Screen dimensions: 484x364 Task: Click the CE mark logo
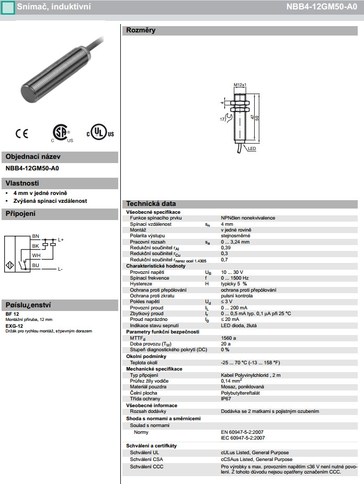pos(22,134)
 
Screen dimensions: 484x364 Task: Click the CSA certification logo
pos(61,133)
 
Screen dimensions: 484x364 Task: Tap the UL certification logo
pos(99,133)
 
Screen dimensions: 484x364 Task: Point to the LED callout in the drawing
pos(252,149)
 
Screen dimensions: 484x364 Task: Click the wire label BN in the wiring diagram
pos(36,236)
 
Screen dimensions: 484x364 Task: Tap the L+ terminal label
pos(61,239)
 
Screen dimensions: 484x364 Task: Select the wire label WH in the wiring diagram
pos(36,255)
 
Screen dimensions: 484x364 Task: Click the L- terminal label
pos(60,269)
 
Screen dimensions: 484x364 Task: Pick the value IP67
pos(226,399)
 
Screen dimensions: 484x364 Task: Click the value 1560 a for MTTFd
pos(229,338)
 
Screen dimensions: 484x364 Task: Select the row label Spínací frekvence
pos(150,278)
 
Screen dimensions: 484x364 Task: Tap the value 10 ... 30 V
pos(232,272)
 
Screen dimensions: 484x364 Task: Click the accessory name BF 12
pos(12,314)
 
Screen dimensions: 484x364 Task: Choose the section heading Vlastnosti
pos(22,183)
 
